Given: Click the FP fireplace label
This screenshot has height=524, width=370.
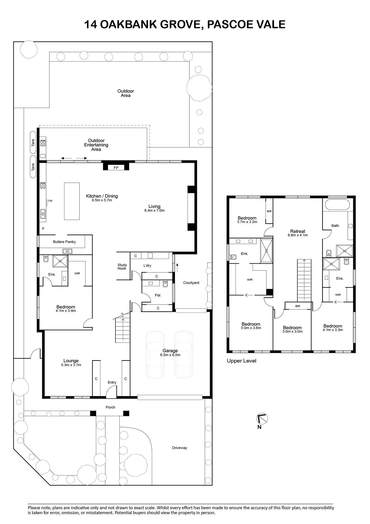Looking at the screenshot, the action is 116,167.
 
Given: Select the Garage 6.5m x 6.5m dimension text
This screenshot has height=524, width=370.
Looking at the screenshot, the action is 170,355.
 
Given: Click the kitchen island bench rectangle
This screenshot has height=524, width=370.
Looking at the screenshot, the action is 72,201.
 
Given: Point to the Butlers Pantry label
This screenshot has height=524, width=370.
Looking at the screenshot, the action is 64,242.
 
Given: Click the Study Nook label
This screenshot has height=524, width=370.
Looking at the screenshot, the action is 122,267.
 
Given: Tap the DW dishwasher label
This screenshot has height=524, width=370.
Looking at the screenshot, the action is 50,201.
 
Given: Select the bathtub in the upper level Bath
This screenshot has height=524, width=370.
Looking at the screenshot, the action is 337,205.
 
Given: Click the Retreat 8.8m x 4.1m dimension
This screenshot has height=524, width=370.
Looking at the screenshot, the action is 298,235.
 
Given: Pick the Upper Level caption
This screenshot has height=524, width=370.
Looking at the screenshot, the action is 241,361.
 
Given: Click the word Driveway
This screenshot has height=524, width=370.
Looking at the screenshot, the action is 180,448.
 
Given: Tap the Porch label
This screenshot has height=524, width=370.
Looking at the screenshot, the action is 110,407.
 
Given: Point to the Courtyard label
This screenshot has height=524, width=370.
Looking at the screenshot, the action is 191,283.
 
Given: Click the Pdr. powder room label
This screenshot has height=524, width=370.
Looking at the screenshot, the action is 158,295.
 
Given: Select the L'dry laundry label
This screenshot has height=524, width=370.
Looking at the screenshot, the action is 147,266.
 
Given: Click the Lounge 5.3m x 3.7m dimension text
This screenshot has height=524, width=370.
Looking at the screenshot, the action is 71,365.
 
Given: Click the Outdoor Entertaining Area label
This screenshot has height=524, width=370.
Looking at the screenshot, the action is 96,145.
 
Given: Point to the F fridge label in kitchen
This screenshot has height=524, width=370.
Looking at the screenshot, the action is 43,229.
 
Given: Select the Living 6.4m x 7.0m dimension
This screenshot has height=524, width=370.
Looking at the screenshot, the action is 154,211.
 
